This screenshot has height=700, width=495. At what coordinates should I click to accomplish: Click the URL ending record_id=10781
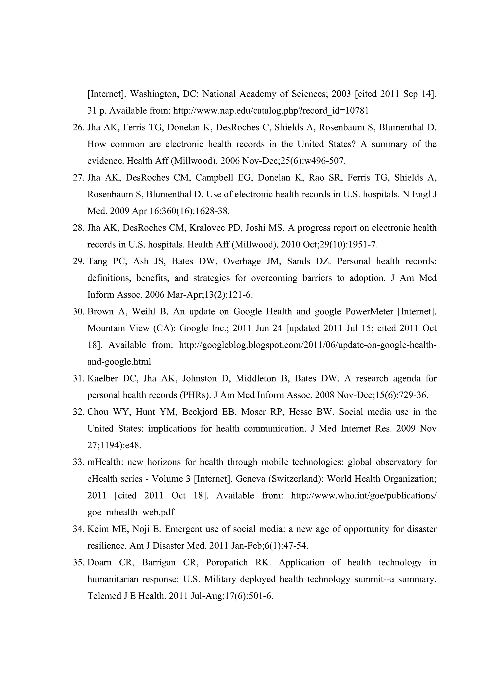point(271,111)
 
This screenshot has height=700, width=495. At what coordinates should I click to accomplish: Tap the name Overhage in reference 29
point(241,261)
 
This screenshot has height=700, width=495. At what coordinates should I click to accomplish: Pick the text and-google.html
point(119,362)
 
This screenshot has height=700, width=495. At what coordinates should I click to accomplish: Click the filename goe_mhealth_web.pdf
point(131,512)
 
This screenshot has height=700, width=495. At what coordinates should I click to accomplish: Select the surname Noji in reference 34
point(141,529)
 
